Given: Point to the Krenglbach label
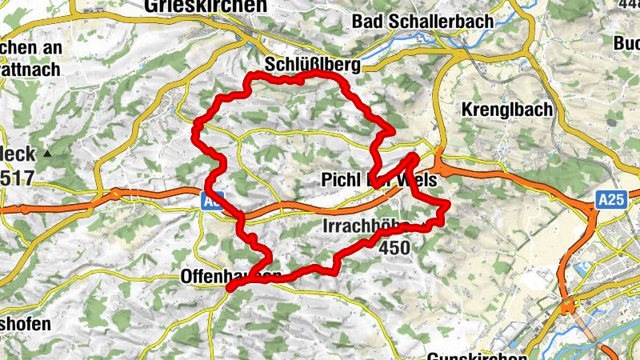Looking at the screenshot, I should coord(507,110).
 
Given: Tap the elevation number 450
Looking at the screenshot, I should coord(394,248).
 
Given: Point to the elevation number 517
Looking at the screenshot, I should coord(17,178).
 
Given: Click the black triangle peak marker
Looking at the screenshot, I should coord(49,153).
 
